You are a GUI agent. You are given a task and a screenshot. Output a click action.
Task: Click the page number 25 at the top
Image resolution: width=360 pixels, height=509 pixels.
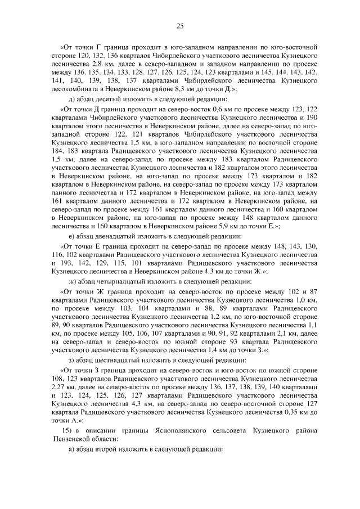pyautogui.click(x=180, y=25)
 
